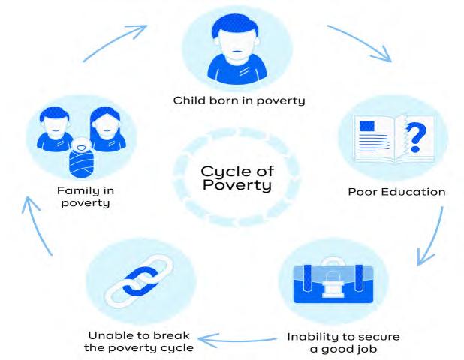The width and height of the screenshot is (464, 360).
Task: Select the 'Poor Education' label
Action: pyautogui.click(x=396, y=191)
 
